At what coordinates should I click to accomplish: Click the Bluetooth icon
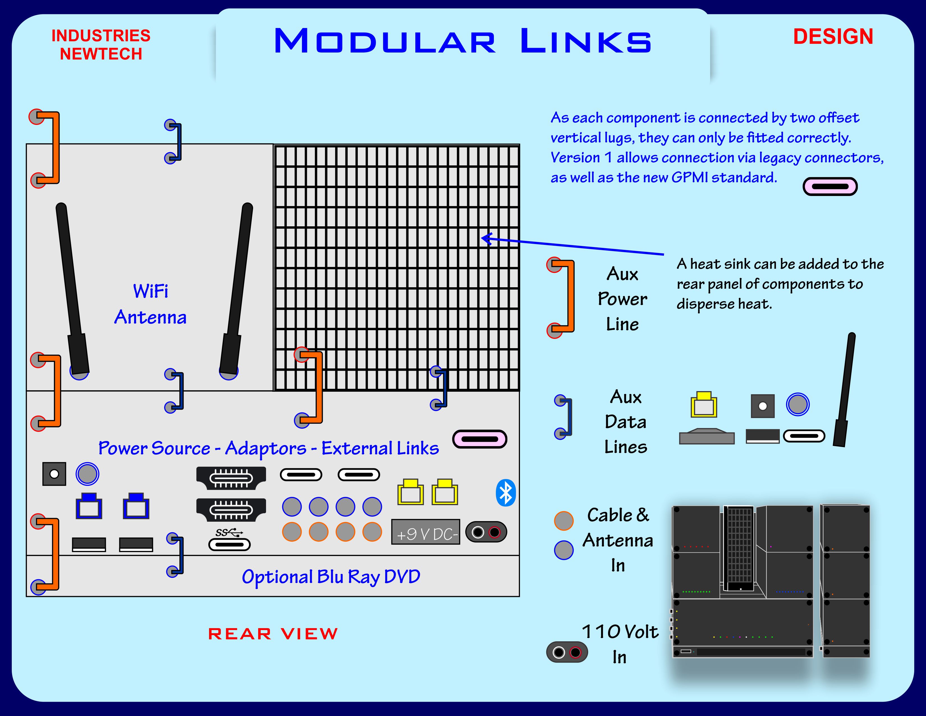(x=505, y=493)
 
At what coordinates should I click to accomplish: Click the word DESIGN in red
(x=833, y=37)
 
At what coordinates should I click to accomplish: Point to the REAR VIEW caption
(x=273, y=634)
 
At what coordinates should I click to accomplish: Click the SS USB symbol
(x=229, y=532)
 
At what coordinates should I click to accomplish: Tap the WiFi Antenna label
(x=150, y=304)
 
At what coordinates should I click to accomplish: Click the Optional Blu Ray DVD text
(x=331, y=577)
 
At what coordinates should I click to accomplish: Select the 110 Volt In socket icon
(x=567, y=652)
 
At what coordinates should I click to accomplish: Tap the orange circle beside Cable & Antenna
(x=563, y=521)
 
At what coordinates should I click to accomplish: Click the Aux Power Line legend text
(x=622, y=299)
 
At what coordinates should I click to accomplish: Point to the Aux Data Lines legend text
(x=625, y=422)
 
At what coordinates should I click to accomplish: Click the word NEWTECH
(x=101, y=54)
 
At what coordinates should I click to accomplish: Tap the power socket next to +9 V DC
(x=486, y=532)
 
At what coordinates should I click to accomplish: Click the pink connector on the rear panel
(x=480, y=439)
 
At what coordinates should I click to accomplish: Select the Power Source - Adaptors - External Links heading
(x=268, y=448)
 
